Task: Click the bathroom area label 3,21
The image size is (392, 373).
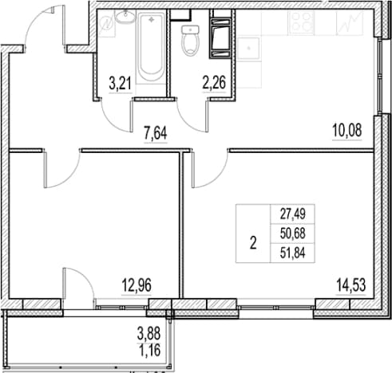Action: point(121,83)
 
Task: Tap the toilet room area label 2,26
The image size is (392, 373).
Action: point(214,82)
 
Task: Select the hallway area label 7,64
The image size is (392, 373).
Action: point(156,133)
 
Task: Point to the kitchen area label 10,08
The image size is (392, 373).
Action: point(347,131)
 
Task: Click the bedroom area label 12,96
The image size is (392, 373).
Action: point(137,285)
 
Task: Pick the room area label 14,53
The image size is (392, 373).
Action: point(351,285)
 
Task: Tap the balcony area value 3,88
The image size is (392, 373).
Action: point(149,334)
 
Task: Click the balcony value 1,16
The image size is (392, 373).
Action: point(150,350)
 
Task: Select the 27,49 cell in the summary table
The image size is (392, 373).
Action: point(293,214)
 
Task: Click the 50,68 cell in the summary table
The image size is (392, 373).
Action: point(293,234)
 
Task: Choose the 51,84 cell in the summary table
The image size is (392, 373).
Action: point(293,253)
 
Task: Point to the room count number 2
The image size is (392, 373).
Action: point(253,243)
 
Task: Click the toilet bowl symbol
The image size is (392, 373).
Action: point(191,40)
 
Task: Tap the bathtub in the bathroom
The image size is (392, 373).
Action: point(151,48)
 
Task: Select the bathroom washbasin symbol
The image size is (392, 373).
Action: point(125,17)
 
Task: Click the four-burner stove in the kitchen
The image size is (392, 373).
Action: point(301,23)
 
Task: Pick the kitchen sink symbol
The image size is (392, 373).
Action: point(248,49)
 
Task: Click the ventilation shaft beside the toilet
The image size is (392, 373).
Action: point(220,38)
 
